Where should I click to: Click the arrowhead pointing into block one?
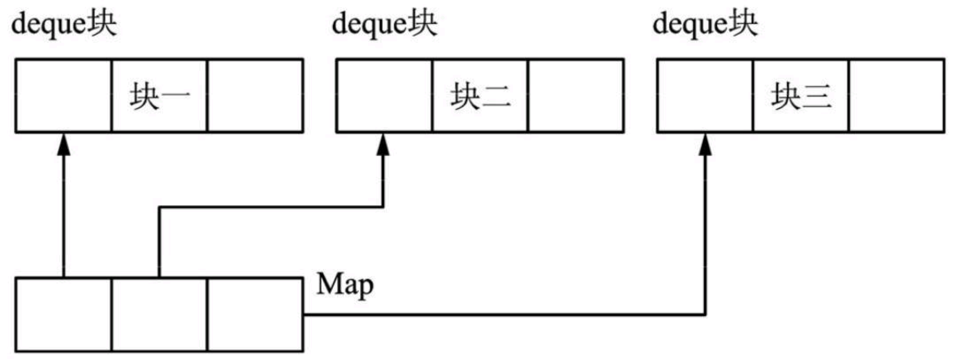(64, 145)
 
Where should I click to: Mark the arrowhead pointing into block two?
(383, 145)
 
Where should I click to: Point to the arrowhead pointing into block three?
(705, 145)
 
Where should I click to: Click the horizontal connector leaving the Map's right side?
(501, 314)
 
